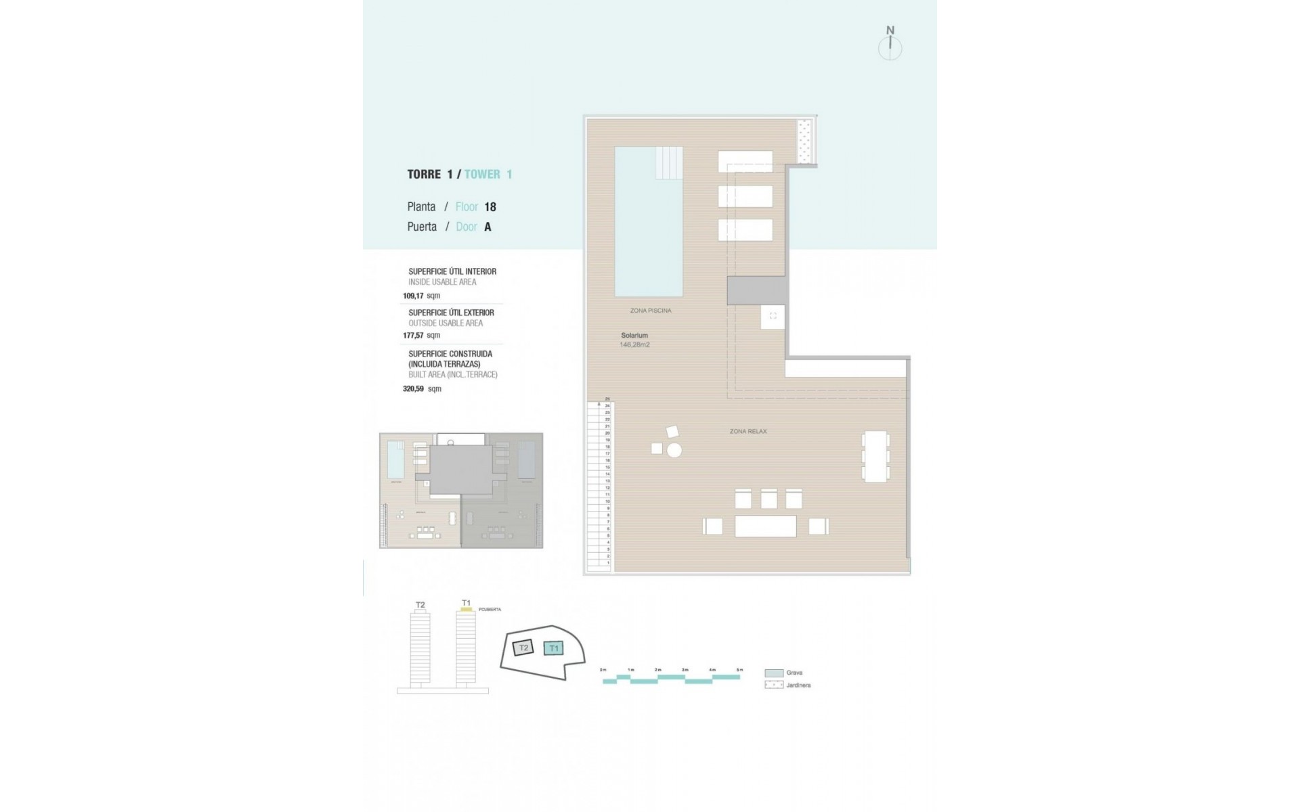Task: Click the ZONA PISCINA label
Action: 651,311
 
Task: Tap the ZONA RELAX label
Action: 748,431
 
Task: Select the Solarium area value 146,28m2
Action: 634,344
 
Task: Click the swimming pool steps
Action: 669,162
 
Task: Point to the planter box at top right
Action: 805,141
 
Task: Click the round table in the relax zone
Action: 674,450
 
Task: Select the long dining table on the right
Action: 875,457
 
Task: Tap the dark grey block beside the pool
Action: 757,290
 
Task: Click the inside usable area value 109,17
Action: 413,296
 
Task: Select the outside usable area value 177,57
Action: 413,335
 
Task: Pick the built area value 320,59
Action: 413,389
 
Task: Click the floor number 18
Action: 490,207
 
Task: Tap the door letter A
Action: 487,227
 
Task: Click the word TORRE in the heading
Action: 424,175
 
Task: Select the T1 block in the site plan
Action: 554,648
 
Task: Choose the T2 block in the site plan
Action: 523,648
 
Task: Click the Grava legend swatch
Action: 773,673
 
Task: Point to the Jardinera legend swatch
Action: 773,685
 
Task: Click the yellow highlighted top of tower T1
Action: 466,610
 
